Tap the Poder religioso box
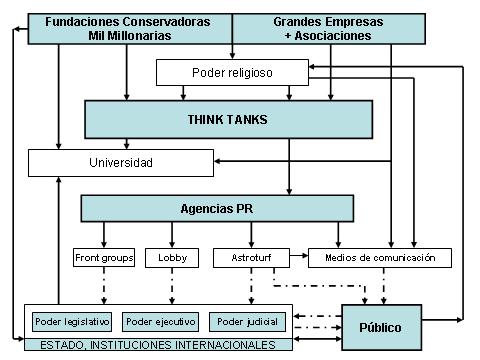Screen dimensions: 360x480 point(231,72)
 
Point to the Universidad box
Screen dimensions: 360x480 point(119,162)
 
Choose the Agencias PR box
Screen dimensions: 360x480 point(217,208)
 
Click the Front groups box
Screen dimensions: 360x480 point(103,257)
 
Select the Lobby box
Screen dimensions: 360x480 point(165,257)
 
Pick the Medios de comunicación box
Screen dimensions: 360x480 point(379,257)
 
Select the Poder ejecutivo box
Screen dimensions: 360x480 point(157,322)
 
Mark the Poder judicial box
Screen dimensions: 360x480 point(246,322)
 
